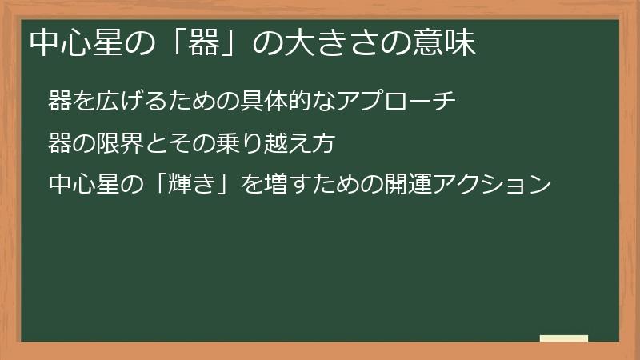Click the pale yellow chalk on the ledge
coord(563,338)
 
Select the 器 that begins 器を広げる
coord(58,102)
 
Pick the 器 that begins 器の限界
coord(58,144)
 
